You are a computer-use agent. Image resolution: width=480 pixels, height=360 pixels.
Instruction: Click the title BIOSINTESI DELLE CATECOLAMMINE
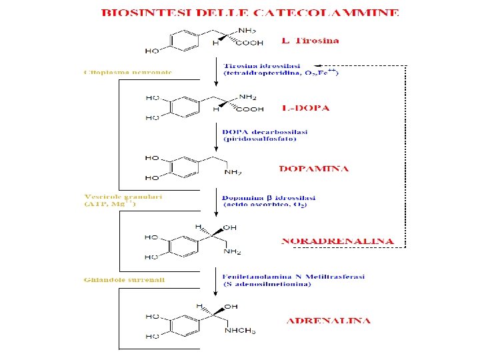250,12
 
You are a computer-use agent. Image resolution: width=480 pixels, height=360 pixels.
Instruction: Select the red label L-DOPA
305,107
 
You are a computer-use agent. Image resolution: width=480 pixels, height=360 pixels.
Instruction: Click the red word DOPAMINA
313,169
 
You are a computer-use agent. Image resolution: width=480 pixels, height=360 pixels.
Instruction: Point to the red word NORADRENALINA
337,241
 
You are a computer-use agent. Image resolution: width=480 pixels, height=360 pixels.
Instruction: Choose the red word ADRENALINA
328,321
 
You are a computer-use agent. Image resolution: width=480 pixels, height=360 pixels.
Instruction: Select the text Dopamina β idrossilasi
269,197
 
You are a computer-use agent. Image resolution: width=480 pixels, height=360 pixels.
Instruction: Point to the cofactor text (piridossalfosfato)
259,139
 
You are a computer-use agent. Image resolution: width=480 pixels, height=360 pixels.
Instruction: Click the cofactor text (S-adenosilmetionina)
267,285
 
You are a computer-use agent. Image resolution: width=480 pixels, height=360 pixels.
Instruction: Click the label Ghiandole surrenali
125,279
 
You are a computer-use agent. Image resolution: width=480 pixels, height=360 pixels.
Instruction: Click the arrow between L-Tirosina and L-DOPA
216,71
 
